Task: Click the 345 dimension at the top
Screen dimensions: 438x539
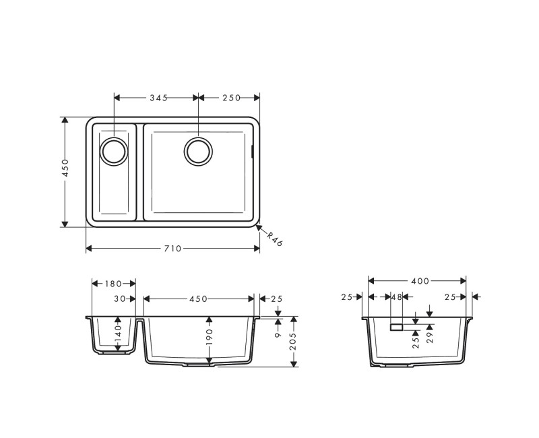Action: tap(158, 98)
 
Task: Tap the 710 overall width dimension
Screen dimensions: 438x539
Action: tap(172, 249)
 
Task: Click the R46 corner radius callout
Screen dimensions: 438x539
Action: tap(274, 240)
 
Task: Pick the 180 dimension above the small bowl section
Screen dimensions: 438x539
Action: tap(114, 284)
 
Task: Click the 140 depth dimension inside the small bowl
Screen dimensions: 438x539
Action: tap(118, 334)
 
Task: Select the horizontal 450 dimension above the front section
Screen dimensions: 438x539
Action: tap(198, 299)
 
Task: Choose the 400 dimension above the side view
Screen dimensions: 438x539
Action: tap(418, 280)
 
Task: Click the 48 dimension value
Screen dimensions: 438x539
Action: tap(396, 296)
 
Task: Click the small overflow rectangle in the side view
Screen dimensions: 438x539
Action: tap(396, 327)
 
